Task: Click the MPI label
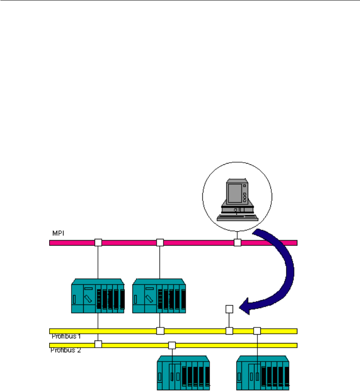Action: coord(58,233)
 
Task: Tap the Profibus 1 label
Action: coord(66,336)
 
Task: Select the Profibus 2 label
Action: coord(66,350)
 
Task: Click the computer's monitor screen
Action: coord(235,193)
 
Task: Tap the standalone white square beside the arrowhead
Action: coord(229,309)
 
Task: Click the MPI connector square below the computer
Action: coord(238,243)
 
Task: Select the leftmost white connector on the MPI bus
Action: coord(98,243)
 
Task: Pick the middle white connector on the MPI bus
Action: coord(160,243)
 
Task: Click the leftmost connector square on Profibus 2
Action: coord(98,344)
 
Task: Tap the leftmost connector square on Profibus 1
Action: coord(160,331)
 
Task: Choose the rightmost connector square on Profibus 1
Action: coord(257,331)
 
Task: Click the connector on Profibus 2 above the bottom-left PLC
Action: coord(172,345)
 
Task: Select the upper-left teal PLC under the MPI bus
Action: coord(98,296)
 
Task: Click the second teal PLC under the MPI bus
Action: coord(159,296)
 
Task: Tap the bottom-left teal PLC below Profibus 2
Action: coord(183,373)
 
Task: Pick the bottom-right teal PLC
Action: coord(263,373)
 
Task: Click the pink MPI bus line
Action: coord(173,243)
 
